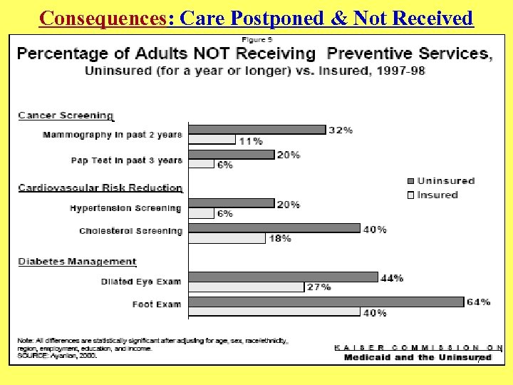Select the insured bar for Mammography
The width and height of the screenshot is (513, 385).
[x=212, y=140]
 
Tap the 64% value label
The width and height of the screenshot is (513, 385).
[x=479, y=302]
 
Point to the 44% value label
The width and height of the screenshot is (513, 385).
[x=392, y=277]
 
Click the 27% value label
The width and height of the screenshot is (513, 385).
[x=318, y=287]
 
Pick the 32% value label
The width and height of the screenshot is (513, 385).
[x=341, y=130]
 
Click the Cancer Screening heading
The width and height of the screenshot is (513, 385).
[x=66, y=115]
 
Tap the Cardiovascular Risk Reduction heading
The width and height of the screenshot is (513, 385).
[x=100, y=188]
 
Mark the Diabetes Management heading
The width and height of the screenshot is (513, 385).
[x=77, y=262]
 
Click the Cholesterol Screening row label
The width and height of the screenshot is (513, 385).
[x=130, y=231]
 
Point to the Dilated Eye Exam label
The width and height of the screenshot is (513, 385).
[x=140, y=282]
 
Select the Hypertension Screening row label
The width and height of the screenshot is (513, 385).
[x=125, y=208]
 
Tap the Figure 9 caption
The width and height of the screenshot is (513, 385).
[x=256, y=38]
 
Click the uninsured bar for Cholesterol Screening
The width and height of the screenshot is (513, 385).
[x=275, y=228]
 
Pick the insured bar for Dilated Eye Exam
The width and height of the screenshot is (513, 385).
[x=247, y=287]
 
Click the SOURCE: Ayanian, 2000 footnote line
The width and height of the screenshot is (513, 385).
[x=57, y=354]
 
